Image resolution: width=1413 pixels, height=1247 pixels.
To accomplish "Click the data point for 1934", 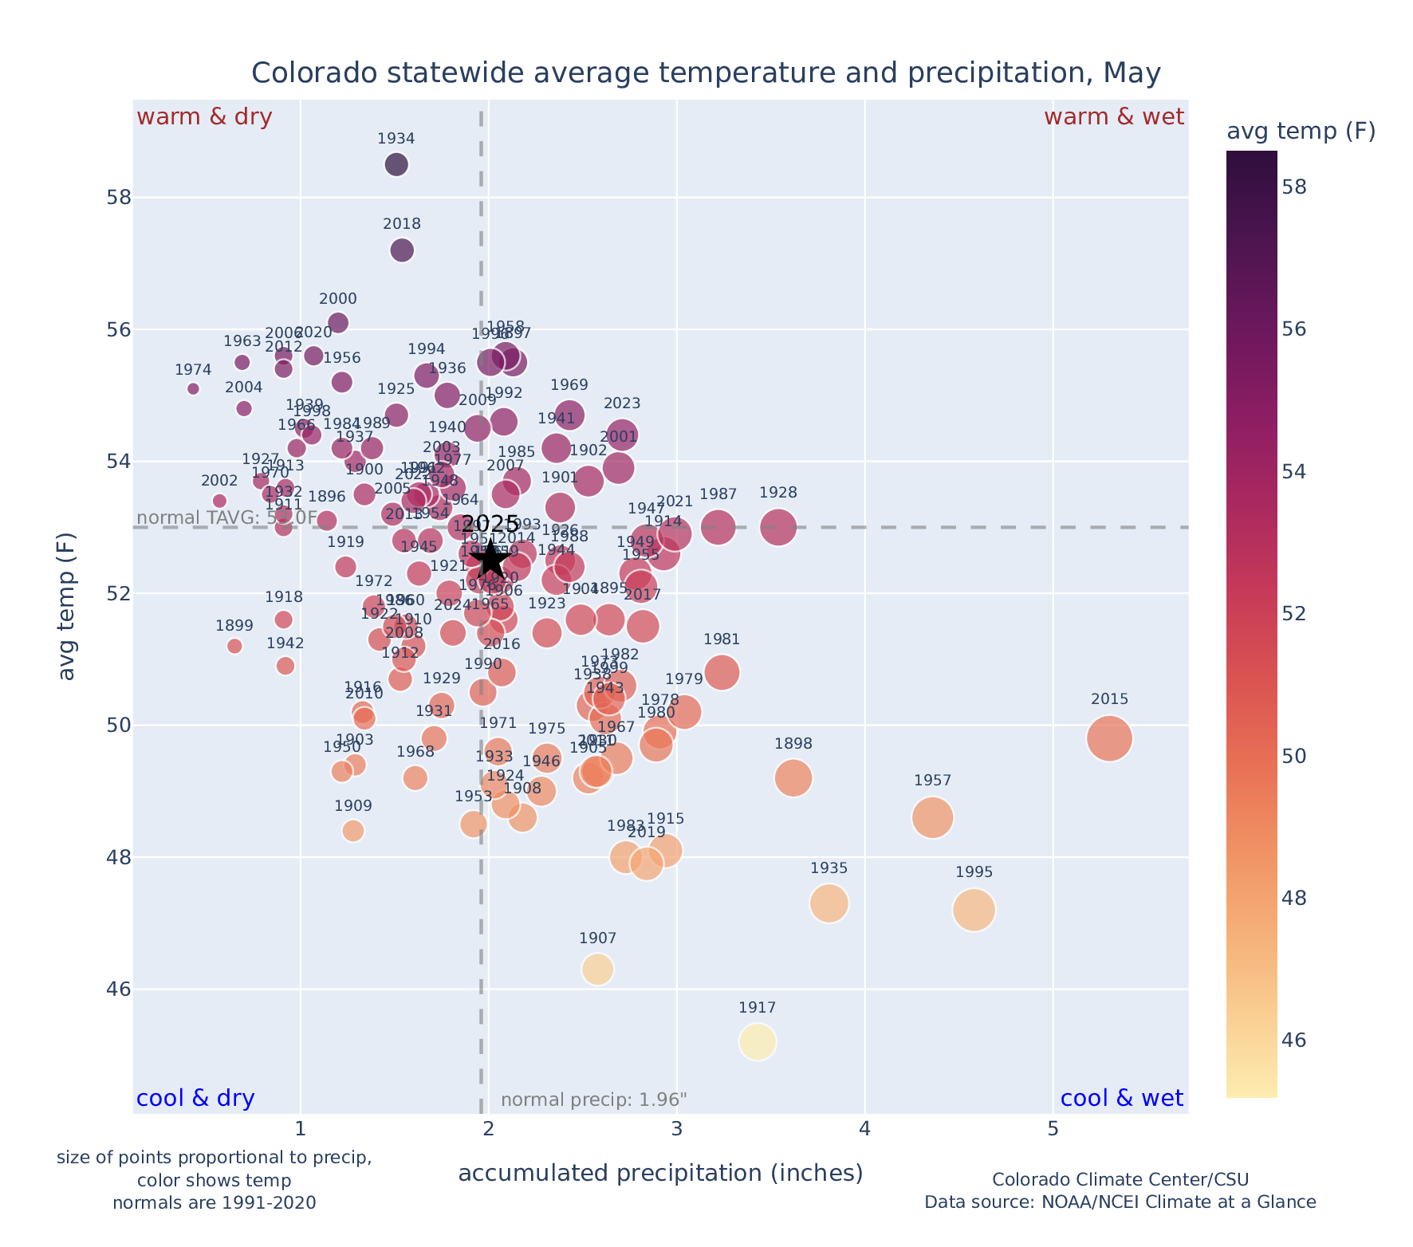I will click(396, 164).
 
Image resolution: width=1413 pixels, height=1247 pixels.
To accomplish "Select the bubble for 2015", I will click(1109, 738).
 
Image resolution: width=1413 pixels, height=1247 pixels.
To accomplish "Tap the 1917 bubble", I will click(758, 1042).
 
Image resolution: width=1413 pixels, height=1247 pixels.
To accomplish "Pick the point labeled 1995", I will click(974, 910).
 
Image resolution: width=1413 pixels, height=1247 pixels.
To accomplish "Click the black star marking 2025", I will click(490, 560).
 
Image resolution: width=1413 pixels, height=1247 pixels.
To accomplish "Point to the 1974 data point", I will click(193, 388).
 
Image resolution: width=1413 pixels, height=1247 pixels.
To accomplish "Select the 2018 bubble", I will click(402, 250).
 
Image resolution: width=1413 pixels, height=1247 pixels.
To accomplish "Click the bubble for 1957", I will click(933, 817).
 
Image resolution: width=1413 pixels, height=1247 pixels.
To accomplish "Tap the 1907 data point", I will click(598, 970).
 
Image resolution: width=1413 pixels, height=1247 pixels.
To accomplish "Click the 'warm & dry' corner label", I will click(204, 117).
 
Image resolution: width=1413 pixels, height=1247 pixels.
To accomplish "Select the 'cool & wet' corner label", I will click(1122, 1099).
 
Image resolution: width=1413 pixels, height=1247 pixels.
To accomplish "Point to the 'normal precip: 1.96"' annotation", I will click(594, 1100).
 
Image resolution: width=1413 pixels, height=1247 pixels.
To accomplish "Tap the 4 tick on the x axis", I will click(864, 1130).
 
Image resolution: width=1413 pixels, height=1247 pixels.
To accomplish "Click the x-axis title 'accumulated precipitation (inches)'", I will click(660, 1174).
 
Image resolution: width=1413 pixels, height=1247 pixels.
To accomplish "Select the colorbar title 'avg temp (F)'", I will click(1301, 132).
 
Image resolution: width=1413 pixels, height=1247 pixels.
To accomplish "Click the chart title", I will click(706, 73).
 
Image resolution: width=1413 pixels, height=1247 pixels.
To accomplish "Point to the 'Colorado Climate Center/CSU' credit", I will click(1120, 1180).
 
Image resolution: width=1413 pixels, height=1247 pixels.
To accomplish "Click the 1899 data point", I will click(234, 646).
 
